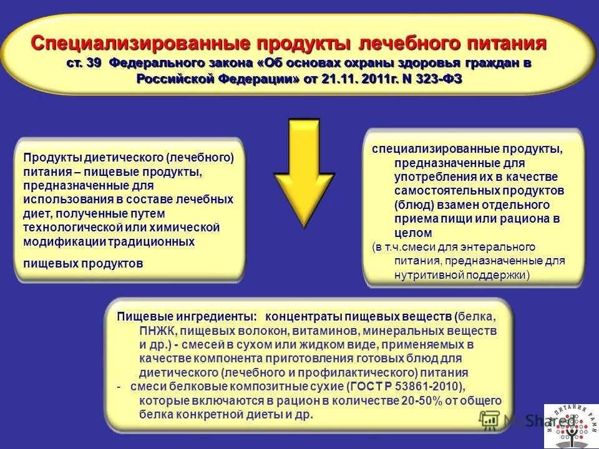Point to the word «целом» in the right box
coord(413,233)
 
